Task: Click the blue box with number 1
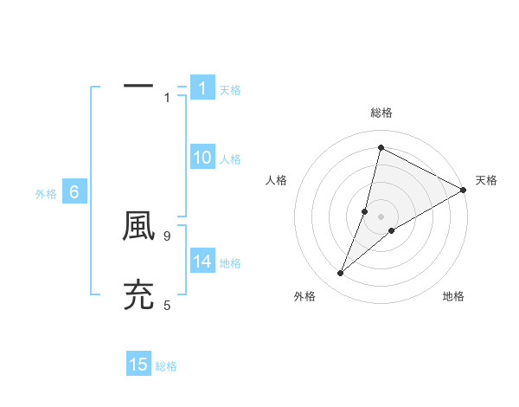(x=202, y=88)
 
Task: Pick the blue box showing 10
(x=202, y=158)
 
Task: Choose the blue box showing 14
(x=202, y=262)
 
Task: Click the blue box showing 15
(x=138, y=365)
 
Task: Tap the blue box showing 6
(x=74, y=193)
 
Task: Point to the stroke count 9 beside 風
(x=167, y=236)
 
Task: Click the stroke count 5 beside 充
(x=167, y=305)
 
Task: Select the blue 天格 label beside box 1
(x=230, y=90)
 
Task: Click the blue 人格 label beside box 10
(x=230, y=159)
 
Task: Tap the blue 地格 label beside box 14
(x=230, y=263)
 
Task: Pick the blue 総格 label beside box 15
(x=167, y=366)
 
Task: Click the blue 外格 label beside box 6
(x=46, y=195)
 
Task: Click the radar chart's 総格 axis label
(x=381, y=113)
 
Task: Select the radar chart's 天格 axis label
(x=486, y=180)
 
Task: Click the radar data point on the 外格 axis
(x=341, y=274)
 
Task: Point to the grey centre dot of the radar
(x=381, y=216)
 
